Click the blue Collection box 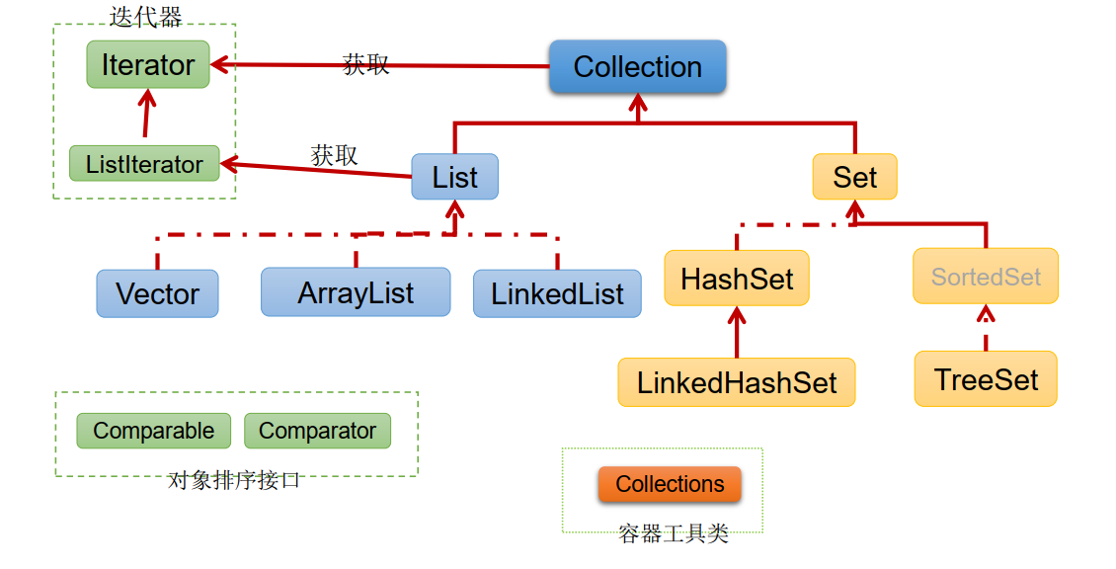coord(637,67)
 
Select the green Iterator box coord(148,65)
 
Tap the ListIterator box coord(144,164)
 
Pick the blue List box coord(454,178)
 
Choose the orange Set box coord(854,178)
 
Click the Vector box coord(157,293)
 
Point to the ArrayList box coord(356,292)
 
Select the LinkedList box coord(557,293)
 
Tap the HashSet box coord(737,279)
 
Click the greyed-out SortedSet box coord(986,277)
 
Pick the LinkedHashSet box coord(737,382)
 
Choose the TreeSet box coord(986,378)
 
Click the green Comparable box coord(153,431)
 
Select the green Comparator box coord(317,431)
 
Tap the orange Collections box coord(670,484)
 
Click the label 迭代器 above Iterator coord(145,16)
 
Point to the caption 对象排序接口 coord(234,481)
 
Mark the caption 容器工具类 coord(674,534)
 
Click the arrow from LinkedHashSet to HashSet coord(737,334)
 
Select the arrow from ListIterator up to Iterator coord(147,116)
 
